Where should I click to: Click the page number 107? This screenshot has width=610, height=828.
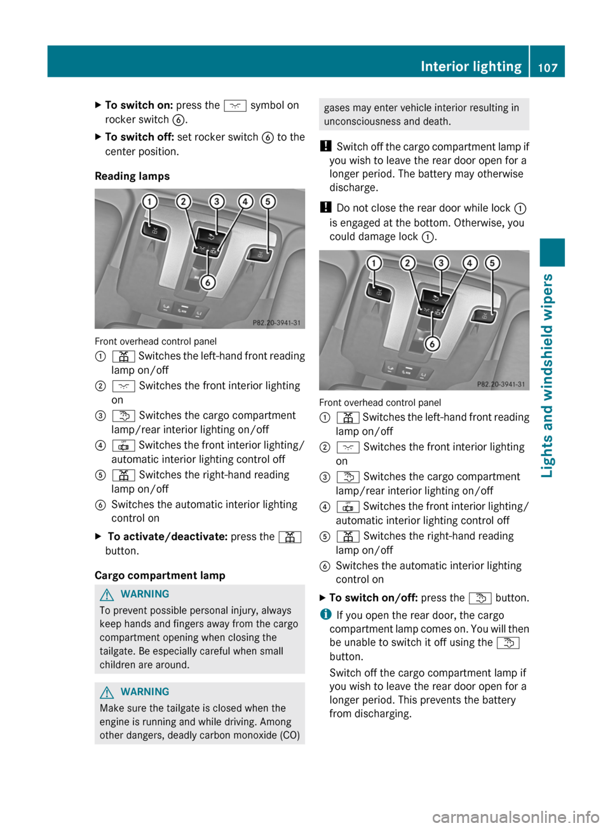547,67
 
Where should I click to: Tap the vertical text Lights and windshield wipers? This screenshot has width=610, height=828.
547,375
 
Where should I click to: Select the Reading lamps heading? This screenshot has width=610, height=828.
132,176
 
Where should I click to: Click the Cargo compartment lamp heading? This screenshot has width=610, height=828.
159,576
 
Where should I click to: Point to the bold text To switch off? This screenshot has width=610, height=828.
139,137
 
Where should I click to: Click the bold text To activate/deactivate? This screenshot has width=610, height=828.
167,537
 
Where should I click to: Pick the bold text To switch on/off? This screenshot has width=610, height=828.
373,598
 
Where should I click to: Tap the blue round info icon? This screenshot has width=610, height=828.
325,614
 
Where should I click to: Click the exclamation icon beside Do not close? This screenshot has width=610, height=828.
325,207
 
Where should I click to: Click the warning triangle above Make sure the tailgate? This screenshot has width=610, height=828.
107,692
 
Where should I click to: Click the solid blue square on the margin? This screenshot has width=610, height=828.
552,252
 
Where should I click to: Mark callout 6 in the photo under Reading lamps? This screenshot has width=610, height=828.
207,282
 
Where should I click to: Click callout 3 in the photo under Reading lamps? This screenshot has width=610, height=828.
217,202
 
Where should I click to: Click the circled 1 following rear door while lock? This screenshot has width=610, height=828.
520,209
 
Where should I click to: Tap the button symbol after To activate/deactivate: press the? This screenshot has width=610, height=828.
289,537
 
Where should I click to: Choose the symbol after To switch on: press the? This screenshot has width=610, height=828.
235,106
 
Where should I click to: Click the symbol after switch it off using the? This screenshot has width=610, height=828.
508,643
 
